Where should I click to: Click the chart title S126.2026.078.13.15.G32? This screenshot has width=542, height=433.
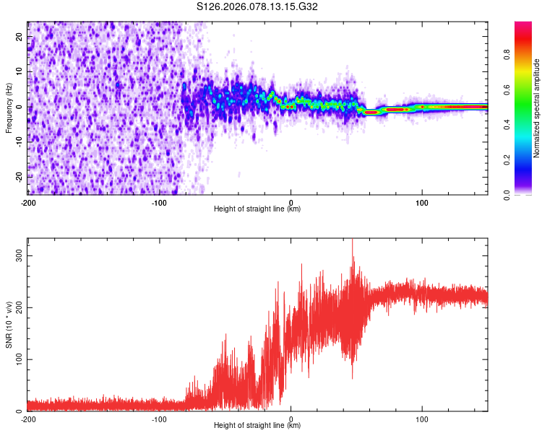[257, 6]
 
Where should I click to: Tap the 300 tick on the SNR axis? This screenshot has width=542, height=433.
[17, 256]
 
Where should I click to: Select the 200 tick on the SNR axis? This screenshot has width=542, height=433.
[17, 307]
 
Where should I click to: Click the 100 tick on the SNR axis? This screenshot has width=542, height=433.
[17, 359]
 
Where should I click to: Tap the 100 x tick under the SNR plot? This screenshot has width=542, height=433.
[422, 419]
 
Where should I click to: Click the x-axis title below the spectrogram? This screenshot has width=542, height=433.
[257, 209]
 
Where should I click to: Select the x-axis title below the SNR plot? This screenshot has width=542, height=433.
[257, 426]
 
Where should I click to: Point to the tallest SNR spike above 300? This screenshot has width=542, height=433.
[353, 240]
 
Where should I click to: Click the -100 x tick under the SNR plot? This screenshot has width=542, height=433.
[159, 419]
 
